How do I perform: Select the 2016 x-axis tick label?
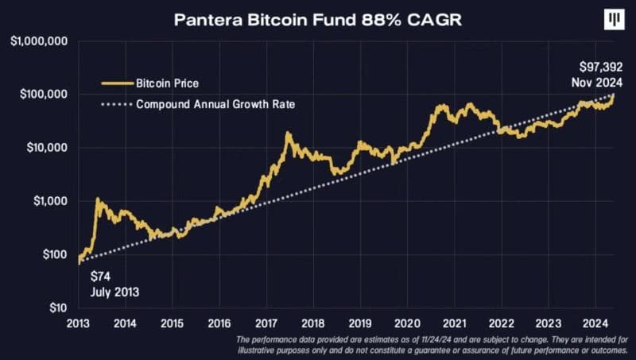tap(219, 323)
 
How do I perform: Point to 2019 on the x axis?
tap(360, 323)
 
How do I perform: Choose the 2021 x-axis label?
tap(454, 323)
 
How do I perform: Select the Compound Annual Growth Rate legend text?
tap(216, 104)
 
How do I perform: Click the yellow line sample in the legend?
tap(113, 82)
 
